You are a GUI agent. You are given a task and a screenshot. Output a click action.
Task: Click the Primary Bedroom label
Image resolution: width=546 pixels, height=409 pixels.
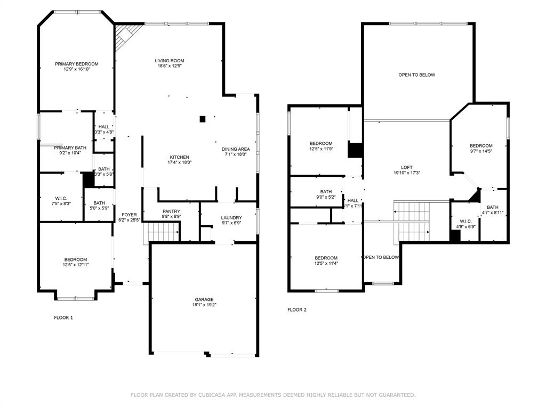77,64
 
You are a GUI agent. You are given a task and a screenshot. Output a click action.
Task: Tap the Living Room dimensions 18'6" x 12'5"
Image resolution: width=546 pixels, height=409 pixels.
170,67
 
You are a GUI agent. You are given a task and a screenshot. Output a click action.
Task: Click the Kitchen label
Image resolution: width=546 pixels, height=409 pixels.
180,157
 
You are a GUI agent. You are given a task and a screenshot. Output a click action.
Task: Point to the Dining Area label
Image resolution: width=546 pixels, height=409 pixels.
236,149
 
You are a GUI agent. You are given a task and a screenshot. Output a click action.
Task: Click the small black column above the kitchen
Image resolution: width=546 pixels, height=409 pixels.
202,119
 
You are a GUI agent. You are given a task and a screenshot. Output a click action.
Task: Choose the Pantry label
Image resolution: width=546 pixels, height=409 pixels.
171,211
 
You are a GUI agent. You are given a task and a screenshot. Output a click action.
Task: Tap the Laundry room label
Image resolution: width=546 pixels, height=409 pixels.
232,218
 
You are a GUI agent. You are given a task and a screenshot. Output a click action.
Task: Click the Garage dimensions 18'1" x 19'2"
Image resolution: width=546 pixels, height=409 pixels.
204,305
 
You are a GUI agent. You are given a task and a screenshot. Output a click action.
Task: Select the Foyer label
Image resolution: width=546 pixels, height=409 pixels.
129,215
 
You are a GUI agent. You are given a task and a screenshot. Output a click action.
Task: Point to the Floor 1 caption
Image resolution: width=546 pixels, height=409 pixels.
63,318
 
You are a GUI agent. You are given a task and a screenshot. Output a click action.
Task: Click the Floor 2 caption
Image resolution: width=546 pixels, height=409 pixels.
297,310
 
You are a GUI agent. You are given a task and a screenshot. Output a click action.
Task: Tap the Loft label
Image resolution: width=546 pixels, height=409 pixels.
407,167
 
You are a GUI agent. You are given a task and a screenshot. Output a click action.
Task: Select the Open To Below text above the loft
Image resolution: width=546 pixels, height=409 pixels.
416,75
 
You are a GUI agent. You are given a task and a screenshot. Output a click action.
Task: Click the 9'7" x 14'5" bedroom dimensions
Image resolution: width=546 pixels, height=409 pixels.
481,151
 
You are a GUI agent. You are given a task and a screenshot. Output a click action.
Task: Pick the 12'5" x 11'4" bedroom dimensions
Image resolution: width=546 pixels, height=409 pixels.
326,263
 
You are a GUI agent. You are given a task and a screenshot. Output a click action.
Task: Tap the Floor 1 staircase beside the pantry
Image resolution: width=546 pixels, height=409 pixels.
163,233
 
